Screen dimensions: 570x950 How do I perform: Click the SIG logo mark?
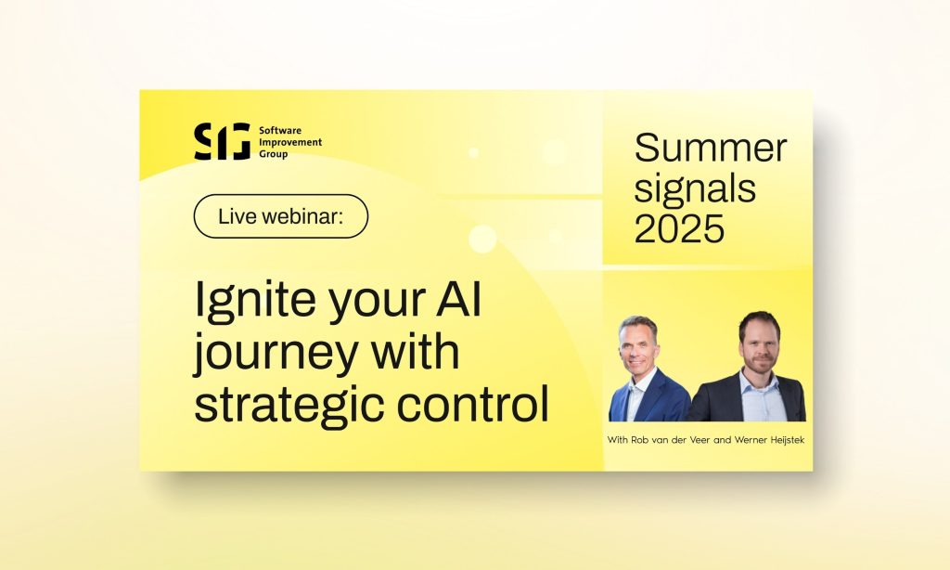tap(222, 141)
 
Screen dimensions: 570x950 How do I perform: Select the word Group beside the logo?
tap(274, 153)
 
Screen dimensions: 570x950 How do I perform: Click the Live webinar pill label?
tap(280, 216)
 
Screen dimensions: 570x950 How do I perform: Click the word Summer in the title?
tap(711, 149)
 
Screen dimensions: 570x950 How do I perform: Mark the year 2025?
tap(680, 228)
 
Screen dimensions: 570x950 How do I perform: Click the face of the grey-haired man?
tap(639, 345)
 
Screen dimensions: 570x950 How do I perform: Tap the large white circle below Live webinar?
tap(482, 239)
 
